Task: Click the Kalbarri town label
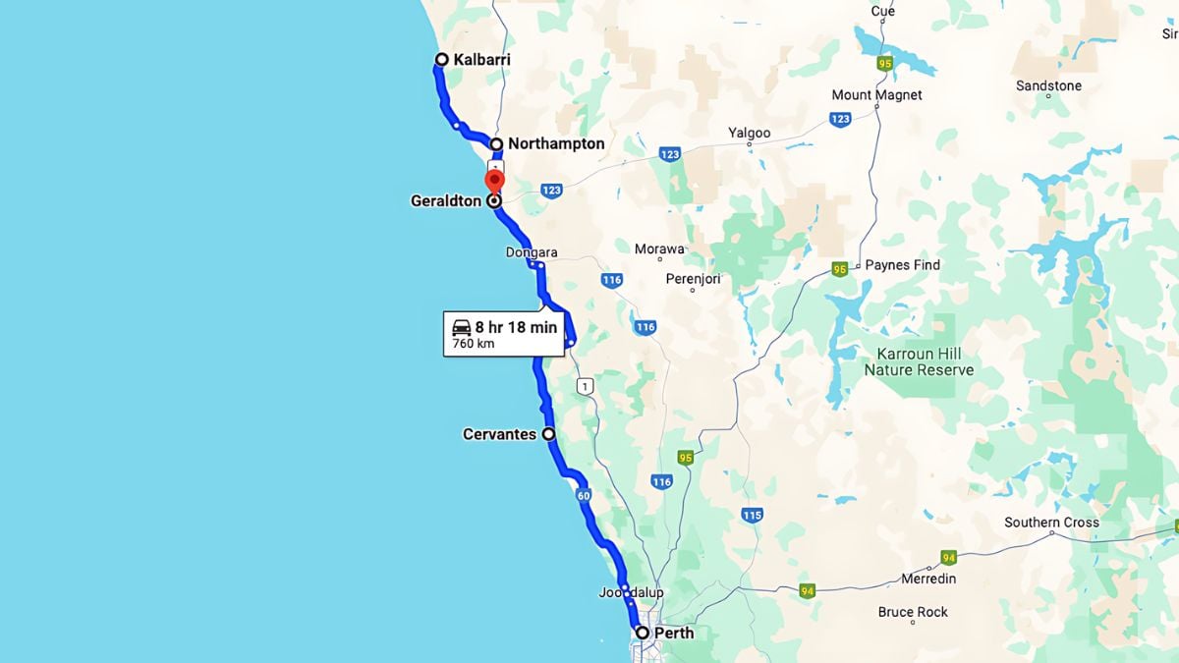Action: pyautogui.click(x=481, y=60)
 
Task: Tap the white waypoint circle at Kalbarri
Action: pyautogui.click(x=442, y=60)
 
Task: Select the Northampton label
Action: pyautogui.click(x=556, y=143)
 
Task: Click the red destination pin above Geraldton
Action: pyautogui.click(x=494, y=181)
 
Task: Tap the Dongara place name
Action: pyautogui.click(x=532, y=252)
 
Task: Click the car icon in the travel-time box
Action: pyautogui.click(x=462, y=327)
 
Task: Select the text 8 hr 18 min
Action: pyautogui.click(x=516, y=327)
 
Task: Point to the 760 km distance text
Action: pyautogui.click(x=474, y=344)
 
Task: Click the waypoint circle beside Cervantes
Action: pyautogui.click(x=549, y=433)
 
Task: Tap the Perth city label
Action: pyautogui.click(x=675, y=633)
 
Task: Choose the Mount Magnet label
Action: pyautogui.click(x=876, y=95)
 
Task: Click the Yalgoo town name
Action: pyautogui.click(x=749, y=133)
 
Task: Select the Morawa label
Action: pyautogui.click(x=659, y=249)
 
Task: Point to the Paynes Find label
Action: pyautogui.click(x=902, y=265)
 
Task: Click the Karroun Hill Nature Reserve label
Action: pyautogui.click(x=919, y=361)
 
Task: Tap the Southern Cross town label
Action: pyautogui.click(x=1051, y=523)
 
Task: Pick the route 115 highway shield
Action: pyautogui.click(x=753, y=515)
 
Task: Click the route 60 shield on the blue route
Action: pyautogui.click(x=584, y=496)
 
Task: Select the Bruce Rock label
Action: pyautogui.click(x=913, y=612)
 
